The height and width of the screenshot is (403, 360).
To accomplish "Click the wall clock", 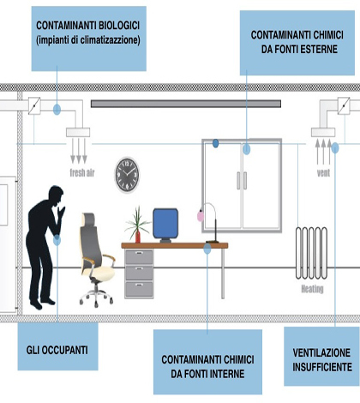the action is tap(127, 175).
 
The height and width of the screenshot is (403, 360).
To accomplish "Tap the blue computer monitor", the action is tap(165, 224).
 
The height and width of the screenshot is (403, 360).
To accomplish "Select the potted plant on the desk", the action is tap(137, 225).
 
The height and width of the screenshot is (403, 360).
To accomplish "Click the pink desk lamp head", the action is tap(201, 216).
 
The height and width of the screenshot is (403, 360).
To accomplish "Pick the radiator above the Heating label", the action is tap(311, 253).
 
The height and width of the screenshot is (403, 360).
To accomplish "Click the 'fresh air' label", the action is tap(82, 173).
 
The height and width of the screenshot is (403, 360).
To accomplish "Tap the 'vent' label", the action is tap(323, 173).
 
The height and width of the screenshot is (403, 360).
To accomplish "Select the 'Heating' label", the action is tap(312, 289).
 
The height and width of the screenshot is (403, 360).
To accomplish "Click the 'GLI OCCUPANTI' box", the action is tap(58, 346).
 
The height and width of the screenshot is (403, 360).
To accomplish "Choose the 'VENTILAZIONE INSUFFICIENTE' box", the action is tap(322, 357).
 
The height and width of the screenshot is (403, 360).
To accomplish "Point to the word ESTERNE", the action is tap(318, 49).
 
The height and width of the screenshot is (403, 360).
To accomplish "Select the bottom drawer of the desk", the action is tap(139, 289).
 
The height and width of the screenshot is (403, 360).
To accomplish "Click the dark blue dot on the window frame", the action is tap(216, 143).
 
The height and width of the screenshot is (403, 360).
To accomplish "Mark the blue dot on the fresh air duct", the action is tap(57, 109).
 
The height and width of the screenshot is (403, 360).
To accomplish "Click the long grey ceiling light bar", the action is tap(186, 104).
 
